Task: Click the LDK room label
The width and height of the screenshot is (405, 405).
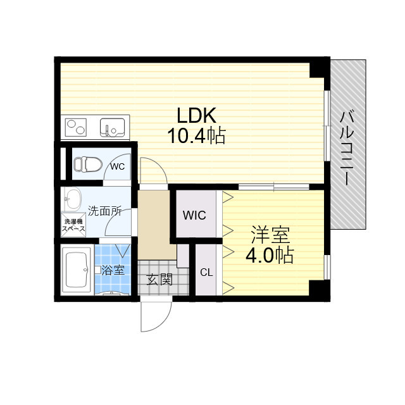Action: point(196,115)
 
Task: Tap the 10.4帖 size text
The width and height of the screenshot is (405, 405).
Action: point(197,135)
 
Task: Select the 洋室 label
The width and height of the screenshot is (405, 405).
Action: point(270,235)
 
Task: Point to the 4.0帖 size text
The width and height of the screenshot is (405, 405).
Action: point(270,255)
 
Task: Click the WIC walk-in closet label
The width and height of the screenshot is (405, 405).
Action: point(194,215)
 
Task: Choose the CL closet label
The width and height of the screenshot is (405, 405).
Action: point(206,272)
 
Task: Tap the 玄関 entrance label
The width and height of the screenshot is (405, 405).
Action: point(159,280)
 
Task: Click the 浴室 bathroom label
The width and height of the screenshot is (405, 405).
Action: point(113,270)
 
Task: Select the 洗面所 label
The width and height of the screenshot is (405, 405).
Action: point(104,211)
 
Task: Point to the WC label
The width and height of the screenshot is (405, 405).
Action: point(118,166)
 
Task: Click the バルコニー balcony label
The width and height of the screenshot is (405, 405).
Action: point(347,147)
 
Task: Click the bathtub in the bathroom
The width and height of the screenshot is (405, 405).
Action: point(77,270)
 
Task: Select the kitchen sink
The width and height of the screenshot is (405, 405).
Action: point(113,127)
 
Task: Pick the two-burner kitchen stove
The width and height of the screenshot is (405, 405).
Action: point(76,127)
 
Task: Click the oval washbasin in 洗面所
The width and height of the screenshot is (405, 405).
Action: point(72,199)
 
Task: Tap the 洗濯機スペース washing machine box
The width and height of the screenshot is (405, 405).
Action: point(73,225)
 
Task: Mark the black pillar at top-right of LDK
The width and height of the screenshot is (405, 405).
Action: point(320,69)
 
